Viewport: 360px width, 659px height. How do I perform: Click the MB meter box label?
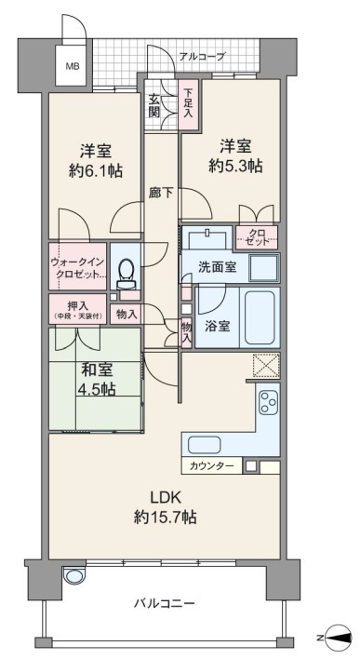click(71, 66)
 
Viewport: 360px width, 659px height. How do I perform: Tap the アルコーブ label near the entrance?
click(203, 57)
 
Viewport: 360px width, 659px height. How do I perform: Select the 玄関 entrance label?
click(154, 107)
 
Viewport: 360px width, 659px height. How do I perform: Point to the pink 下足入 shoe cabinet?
click(187, 104)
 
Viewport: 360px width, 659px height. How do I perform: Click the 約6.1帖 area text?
click(95, 170)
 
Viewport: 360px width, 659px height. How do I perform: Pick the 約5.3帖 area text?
click(236, 166)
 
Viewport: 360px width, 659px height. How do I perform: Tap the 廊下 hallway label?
click(161, 193)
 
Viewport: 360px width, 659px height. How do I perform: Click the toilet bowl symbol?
click(126, 271)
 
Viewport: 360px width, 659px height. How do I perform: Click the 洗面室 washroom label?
click(217, 267)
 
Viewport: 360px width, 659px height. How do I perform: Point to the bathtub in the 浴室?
click(260, 316)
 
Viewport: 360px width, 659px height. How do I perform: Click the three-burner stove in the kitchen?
click(268, 401)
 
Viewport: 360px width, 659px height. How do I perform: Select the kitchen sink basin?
click(205, 444)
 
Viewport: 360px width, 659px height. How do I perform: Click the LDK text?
click(166, 498)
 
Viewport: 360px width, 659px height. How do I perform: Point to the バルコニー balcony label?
click(165, 603)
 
